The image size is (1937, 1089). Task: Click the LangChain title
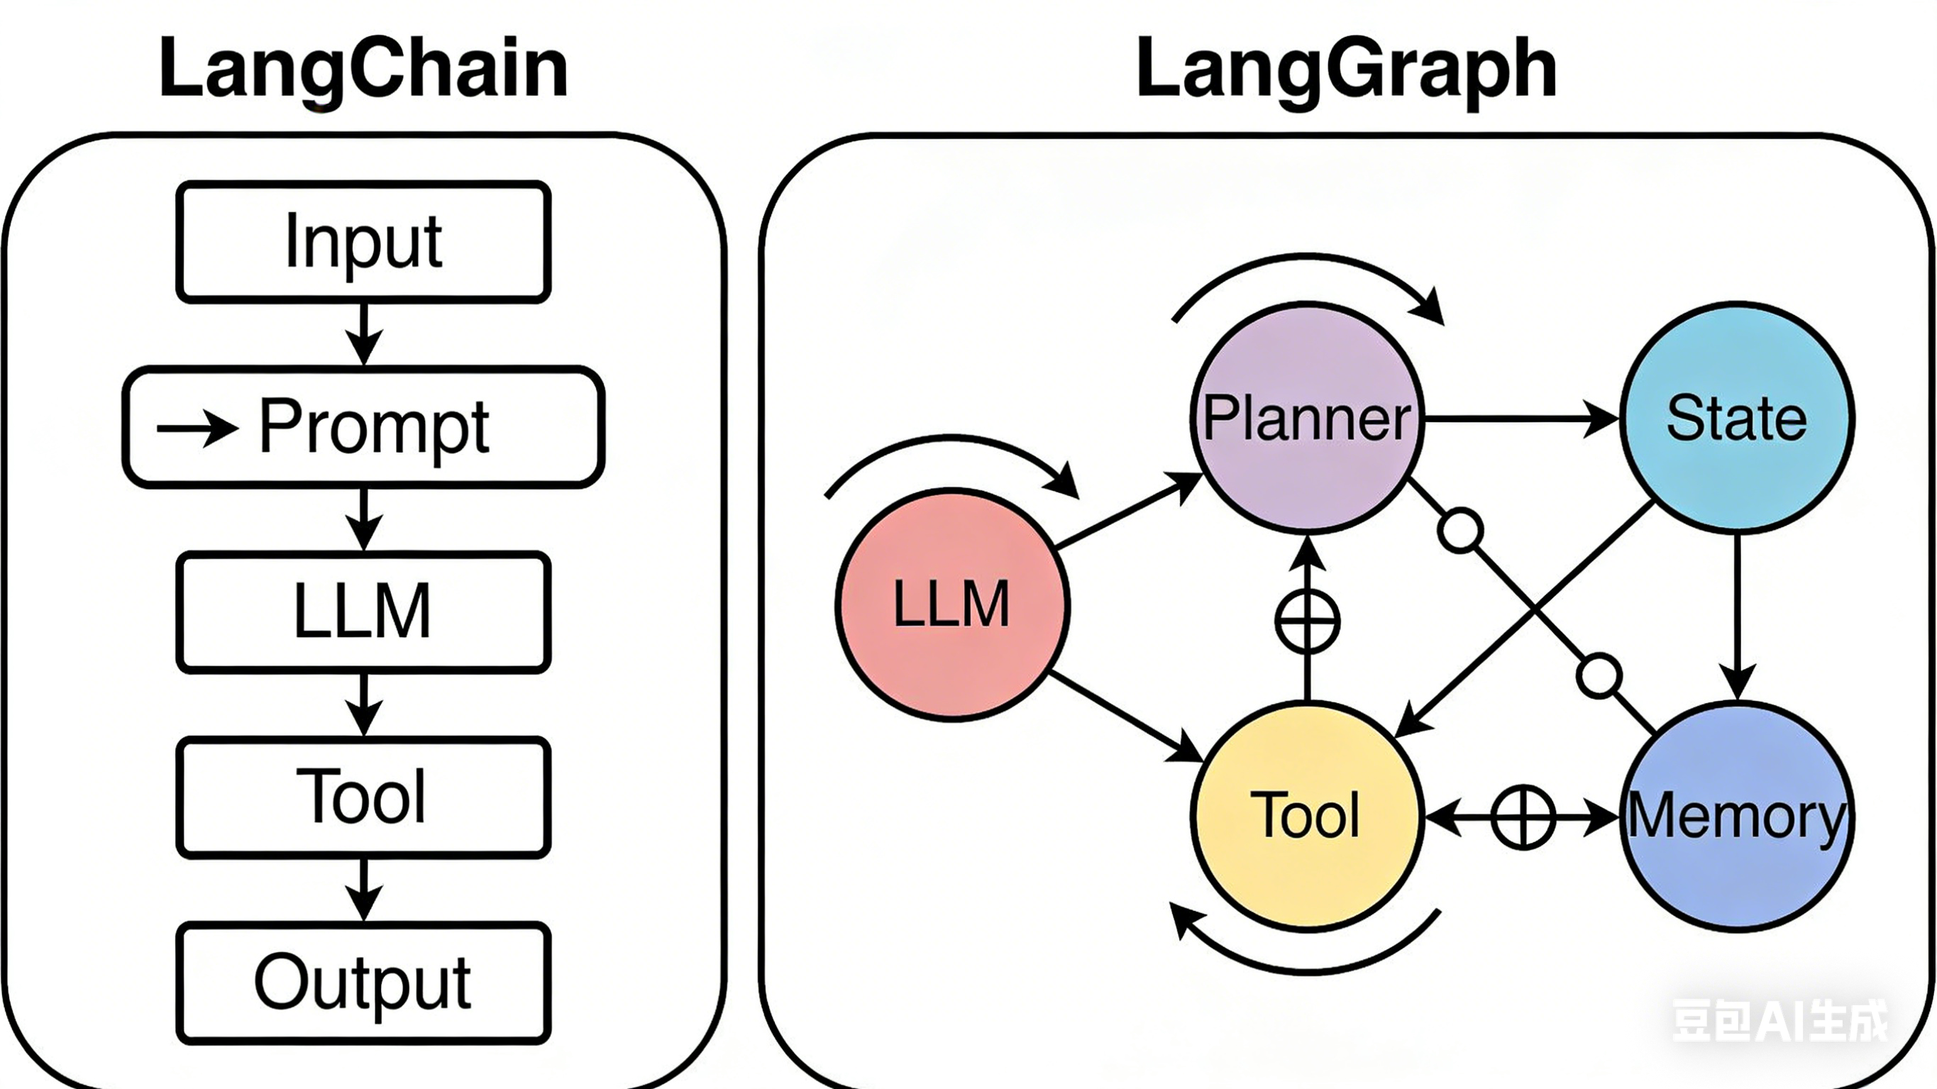[363, 70]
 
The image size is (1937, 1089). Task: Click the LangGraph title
[1346, 70]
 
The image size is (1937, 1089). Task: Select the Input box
[363, 241]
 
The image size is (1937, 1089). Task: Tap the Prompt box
[363, 427]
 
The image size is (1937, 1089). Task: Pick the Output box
[363, 982]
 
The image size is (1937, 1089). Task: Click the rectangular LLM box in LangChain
[363, 612]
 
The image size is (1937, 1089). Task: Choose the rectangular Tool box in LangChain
[363, 797]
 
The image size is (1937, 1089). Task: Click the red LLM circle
[952, 604]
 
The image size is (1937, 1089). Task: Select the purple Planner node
[1308, 418]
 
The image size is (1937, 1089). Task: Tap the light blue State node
[1737, 418]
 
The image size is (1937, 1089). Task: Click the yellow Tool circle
[1308, 816]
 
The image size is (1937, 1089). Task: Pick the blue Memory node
[1737, 816]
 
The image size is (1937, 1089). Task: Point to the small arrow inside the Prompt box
[197, 428]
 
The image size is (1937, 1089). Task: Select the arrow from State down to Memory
[1737, 617]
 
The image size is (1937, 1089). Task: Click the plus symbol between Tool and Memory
[1523, 817]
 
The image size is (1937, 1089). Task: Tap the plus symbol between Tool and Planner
[1308, 621]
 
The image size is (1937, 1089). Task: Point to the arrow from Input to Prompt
[364, 334]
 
